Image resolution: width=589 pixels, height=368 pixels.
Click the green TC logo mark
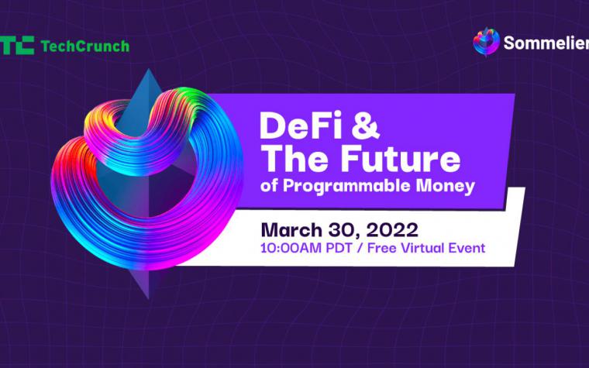click(x=17, y=46)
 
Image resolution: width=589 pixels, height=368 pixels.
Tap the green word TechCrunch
click(x=85, y=46)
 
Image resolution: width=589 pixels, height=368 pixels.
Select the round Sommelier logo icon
click(x=486, y=42)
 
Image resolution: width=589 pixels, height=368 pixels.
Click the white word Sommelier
click(x=546, y=43)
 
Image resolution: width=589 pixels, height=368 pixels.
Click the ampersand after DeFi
click(x=366, y=126)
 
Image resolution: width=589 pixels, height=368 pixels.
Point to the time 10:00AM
click(x=291, y=248)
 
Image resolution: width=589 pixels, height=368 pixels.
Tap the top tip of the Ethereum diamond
click(x=149, y=69)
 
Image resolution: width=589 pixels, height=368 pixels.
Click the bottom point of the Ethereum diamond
click(x=149, y=298)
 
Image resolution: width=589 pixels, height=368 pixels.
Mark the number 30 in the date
click(x=342, y=230)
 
